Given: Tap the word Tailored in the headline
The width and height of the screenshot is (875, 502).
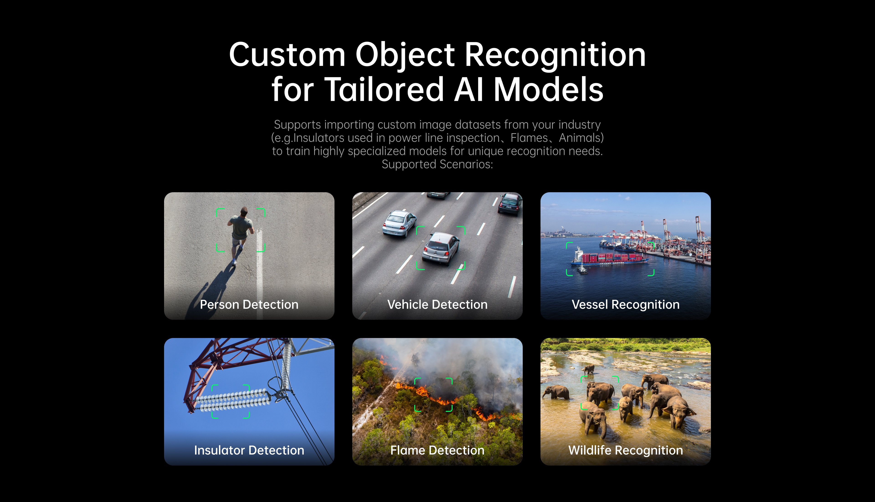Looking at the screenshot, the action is [384, 90].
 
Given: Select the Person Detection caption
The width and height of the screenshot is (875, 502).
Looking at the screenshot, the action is [249, 305].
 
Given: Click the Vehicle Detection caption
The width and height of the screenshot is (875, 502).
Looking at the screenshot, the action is [437, 305].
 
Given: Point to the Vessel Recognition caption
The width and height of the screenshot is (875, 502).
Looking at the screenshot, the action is [626, 305].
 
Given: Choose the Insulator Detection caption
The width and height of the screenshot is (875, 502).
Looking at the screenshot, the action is [249, 450].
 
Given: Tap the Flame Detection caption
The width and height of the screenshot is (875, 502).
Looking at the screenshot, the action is [437, 450].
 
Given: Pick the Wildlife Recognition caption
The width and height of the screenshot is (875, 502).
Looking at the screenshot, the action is [626, 451].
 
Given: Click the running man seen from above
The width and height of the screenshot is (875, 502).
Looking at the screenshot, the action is [240, 234].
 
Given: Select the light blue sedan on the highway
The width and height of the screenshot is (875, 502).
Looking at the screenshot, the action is [399, 224].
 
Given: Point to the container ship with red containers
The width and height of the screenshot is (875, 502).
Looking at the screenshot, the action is [609, 258].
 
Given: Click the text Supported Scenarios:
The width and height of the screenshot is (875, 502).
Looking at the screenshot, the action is [437, 164].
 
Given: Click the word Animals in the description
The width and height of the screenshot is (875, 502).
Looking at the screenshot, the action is [579, 138].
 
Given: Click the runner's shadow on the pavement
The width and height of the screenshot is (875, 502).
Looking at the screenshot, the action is [210, 290].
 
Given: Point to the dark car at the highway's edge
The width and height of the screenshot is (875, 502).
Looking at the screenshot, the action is [510, 204].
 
